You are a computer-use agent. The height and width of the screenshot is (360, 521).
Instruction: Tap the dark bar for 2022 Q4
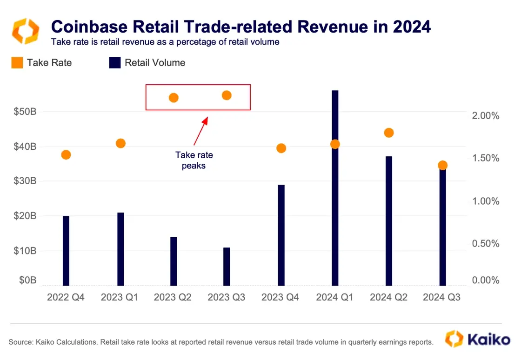click(66, 251)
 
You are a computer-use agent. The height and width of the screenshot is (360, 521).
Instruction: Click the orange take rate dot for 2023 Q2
click(174, 98)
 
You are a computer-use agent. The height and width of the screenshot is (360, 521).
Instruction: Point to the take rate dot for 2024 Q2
click(389, 133)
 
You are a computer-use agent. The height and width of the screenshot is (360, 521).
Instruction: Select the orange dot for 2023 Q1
click(120, 143)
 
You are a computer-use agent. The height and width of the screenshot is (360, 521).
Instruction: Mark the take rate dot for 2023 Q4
click(281, 148)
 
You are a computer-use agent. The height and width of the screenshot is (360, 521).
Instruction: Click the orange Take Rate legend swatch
click(17, 63)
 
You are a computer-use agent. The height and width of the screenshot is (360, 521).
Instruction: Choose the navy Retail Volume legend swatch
click(115, 63)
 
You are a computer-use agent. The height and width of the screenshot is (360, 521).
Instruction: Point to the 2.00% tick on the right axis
click(485, 116)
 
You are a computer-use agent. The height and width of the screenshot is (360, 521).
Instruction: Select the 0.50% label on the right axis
click(485, 244)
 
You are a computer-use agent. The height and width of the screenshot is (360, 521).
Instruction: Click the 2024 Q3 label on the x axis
click(441, 297)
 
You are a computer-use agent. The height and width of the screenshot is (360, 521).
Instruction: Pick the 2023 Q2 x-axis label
click(173, 297)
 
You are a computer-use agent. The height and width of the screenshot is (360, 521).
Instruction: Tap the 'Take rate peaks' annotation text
click(194, 160)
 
